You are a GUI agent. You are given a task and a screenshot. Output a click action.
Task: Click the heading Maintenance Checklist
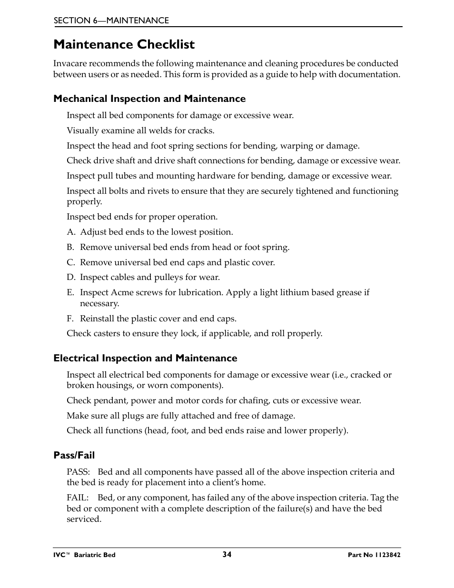coord(124,45)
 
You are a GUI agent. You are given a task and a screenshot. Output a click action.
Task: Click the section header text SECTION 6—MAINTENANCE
coord(111,20)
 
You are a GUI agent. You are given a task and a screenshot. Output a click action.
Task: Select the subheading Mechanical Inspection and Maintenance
coord(149,99)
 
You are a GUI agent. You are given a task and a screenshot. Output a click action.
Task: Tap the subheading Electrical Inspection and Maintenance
coord(145,359)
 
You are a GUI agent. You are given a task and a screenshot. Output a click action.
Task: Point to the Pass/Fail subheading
coord(74,456)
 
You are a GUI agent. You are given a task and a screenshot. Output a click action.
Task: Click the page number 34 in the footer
coord(227,554)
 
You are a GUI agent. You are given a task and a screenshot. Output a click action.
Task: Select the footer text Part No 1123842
coord(374,555)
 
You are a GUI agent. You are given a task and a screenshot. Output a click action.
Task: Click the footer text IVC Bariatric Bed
coord(84,555)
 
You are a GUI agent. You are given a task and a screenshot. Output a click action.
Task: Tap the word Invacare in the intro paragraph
coord(70,64)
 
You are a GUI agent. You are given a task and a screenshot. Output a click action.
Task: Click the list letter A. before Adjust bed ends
coord(71,232)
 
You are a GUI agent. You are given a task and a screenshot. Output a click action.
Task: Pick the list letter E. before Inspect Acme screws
coord(70,293)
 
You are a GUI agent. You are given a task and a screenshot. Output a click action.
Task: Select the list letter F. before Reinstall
coord(70,319)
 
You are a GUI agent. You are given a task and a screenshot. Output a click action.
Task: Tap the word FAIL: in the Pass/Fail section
coord(78,498)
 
